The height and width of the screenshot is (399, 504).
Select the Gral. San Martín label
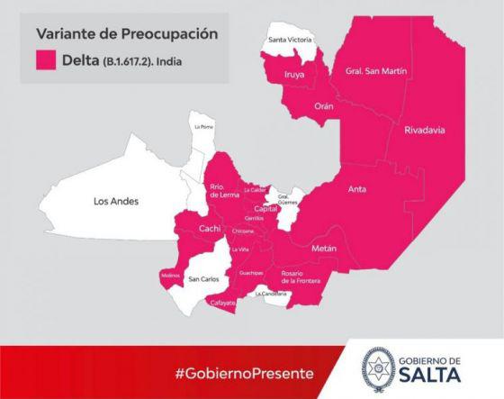coord(370,70)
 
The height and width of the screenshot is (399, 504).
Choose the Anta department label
coord(358,189)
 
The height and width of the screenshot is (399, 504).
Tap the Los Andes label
coord(116,202)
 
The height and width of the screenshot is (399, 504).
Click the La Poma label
coord(204,127)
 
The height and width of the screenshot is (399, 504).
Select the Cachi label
coord(209,228)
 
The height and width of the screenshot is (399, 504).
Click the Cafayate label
coord(221,303)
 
